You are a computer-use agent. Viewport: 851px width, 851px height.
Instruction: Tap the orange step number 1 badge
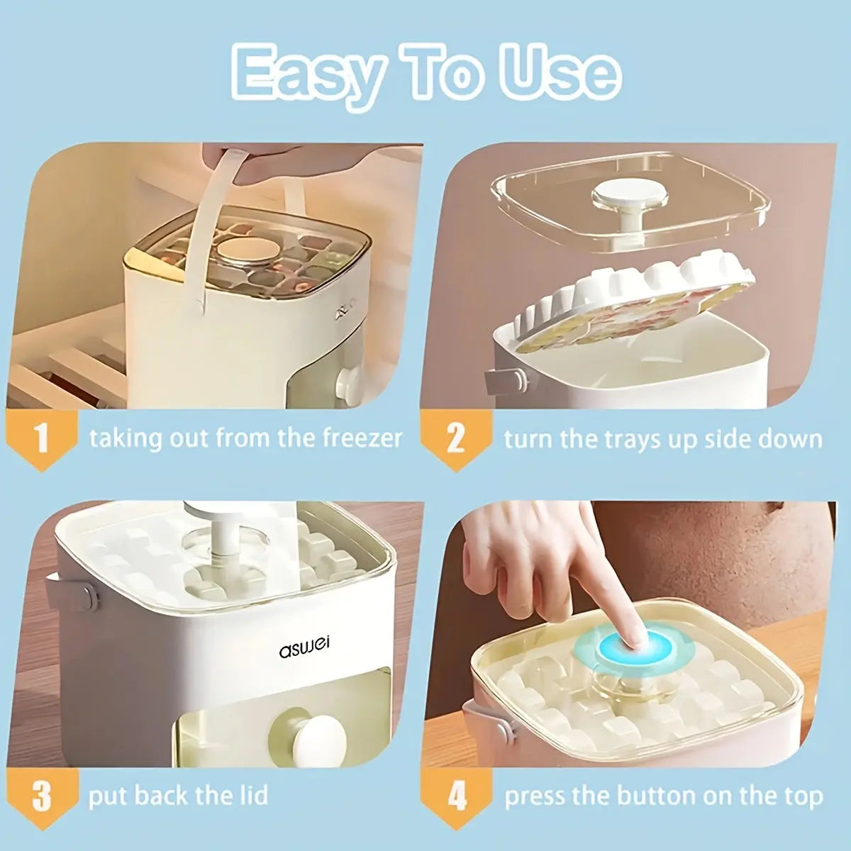pos(42,438)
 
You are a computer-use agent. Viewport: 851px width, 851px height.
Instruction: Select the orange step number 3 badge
pos(42,796)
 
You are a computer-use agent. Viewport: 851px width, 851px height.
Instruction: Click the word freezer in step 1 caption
pos(362,438)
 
